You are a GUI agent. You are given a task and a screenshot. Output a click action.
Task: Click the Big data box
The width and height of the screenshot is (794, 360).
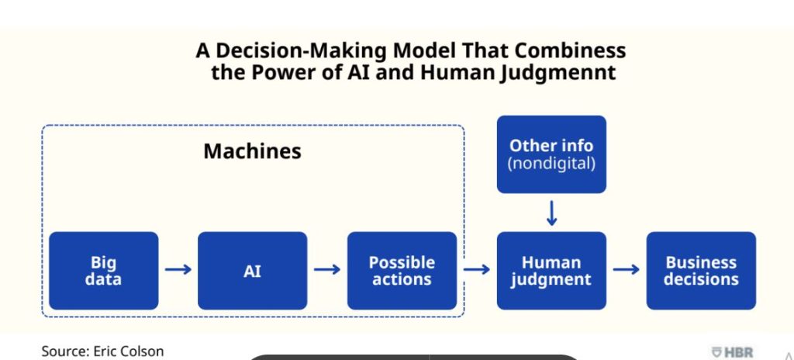coord(103,271)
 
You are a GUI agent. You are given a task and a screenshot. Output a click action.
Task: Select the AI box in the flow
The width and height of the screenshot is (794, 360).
coord(252,271)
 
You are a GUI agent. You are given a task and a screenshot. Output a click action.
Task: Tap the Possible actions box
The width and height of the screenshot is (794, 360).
coord(402,271)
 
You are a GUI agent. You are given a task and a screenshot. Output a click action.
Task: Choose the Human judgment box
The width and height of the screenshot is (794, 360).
coord(551,271)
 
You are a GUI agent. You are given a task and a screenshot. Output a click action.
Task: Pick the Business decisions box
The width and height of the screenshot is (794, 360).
coord(701,271)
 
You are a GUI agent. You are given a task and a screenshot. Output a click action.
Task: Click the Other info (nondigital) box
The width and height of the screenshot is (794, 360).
coord(551,154)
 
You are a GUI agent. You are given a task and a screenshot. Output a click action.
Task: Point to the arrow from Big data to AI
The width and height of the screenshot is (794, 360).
coord(178,269)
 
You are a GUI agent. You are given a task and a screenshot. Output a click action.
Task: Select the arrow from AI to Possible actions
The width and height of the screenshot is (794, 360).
coord(327,269)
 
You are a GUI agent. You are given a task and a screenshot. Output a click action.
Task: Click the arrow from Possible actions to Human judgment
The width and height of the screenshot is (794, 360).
coord(477,269)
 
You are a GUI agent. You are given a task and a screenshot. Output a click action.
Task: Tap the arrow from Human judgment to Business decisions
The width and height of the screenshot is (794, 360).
coord(626,269)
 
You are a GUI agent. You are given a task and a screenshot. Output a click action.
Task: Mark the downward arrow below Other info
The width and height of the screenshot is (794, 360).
coord(552,213)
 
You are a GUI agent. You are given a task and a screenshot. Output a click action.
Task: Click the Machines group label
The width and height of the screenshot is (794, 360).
coord(252,151)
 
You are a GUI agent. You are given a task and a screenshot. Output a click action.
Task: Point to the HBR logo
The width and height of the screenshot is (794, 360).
coord(732,352)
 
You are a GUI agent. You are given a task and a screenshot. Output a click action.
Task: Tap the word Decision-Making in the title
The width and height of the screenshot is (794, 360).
coord(302,51)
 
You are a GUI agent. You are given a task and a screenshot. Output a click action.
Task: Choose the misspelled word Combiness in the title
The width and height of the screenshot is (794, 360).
coord(570,50)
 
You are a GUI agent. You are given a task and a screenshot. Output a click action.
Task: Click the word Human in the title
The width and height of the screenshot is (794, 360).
coord(457,72)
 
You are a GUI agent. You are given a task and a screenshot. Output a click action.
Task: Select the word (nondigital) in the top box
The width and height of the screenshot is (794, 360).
coord(551,164)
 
